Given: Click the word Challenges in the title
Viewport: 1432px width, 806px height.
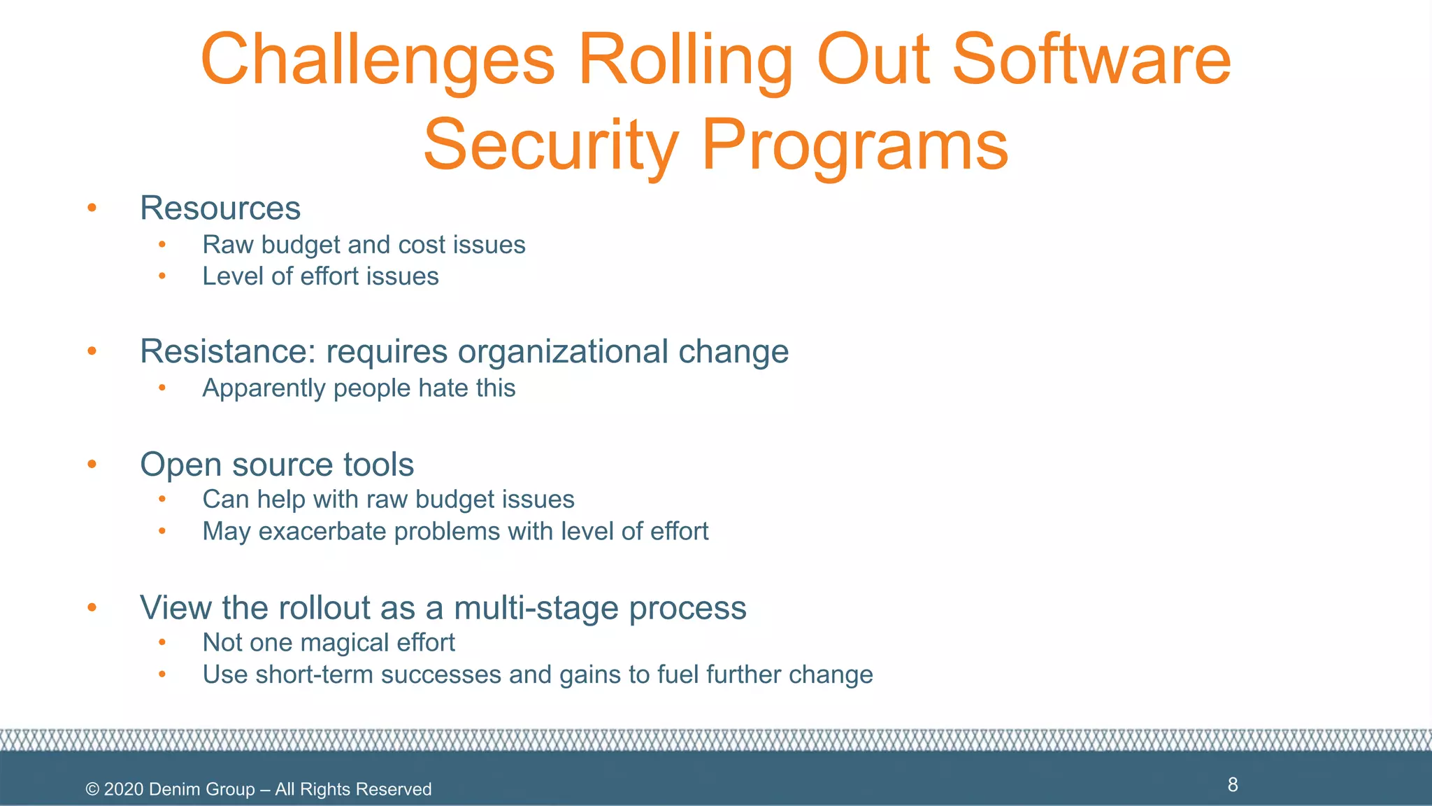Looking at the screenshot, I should coord(378,62).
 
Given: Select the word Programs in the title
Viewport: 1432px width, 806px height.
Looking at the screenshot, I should coord(854,146).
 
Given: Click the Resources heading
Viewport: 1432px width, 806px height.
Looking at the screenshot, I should coord(220,208).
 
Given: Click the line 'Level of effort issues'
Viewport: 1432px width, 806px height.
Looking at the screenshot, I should coord(320,277).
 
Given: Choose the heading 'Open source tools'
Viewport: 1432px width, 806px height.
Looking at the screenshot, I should coord(277,465).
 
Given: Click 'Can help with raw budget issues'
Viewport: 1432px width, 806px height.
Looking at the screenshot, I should coord(388,500).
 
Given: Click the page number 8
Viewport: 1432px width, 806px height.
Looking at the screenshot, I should coord(1233,785).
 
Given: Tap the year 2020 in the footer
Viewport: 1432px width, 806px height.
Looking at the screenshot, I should coord(124,790).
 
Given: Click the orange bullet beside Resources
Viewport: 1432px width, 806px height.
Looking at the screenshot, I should coord(92,208).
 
